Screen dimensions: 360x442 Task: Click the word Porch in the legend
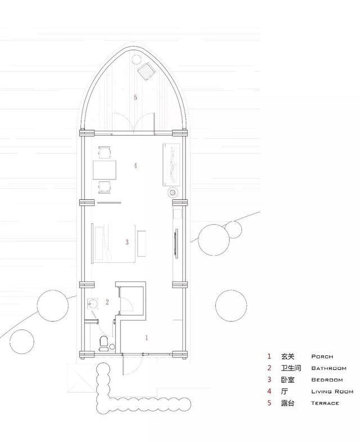(322, 356)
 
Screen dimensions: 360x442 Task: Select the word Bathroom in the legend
(328, 368)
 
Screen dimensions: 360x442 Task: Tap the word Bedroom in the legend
(327, 380)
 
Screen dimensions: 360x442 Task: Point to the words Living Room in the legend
(332, 391)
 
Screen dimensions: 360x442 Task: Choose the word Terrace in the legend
(325, 403)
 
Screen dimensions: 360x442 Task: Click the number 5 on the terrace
(136, 97)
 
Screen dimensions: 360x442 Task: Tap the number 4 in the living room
(136, 166)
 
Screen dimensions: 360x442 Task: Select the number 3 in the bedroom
(127, 242)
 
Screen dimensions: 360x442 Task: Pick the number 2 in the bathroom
(107, 302)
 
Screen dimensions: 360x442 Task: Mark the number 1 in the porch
(146, 337)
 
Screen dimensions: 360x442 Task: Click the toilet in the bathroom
(103, 343)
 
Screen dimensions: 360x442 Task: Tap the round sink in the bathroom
(93, 303)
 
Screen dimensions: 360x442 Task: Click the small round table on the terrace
(136, 59)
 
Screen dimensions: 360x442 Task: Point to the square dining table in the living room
(105, 169)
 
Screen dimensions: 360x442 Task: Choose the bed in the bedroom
(114, 244)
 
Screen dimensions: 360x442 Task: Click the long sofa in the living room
(171, 164)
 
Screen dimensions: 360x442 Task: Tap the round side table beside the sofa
(172, 193)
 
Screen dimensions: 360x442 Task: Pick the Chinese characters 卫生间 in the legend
(291, 368)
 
